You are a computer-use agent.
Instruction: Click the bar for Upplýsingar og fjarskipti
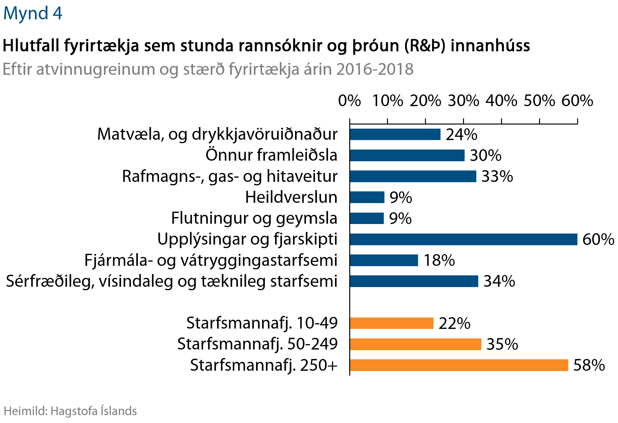point(463,239)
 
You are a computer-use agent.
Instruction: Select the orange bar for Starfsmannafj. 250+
point(459,365)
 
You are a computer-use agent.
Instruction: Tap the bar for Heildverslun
point(367,197)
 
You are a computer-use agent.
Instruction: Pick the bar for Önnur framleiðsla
point(407,155)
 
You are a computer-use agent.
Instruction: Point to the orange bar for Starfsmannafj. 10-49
point(392,323)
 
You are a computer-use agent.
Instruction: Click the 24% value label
point(461,134)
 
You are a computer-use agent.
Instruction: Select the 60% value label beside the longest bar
point(598,239)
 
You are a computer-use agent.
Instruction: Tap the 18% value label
point(439,260)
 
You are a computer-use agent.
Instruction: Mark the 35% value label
point(502,344)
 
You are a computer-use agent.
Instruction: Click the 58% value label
point(589,365)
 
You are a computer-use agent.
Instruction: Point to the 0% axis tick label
point(350,101)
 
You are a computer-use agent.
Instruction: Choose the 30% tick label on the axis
point(463,101)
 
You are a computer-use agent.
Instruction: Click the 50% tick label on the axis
point(539,101)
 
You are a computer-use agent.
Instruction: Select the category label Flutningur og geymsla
point(254,218)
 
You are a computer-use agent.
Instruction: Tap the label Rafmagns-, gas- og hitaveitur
point(230,176)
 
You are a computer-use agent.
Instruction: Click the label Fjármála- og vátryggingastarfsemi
point(211,260)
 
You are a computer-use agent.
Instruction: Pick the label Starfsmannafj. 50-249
point(257,344)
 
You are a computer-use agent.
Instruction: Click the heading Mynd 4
point(33,13)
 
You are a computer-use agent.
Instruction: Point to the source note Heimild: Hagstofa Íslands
point(70,411)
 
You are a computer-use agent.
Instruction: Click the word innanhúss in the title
point(490,46)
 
